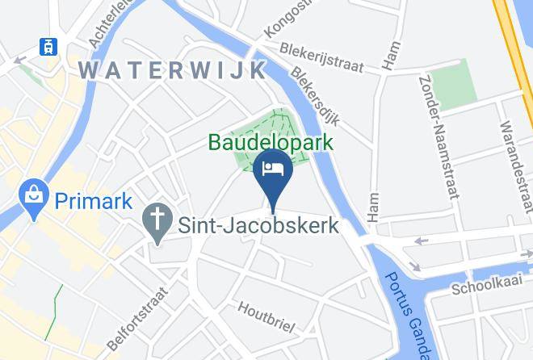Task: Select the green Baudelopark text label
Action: tap(271, 143)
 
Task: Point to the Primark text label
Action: tap(93, 199)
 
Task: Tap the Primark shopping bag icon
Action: tap(34, 198)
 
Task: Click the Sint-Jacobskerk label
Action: tap(253, 225)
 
